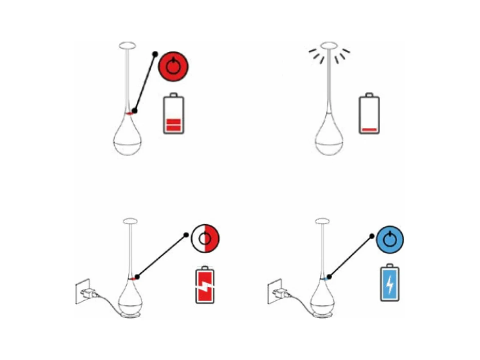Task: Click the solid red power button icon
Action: [x=173, y=66]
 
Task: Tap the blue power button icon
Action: [x=390, y=240]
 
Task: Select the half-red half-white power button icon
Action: [x=205, y=238]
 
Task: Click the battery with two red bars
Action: [x=173, y=114]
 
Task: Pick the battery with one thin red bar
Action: [x=369, y=114]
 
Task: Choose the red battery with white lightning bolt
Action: [x=205, y=285]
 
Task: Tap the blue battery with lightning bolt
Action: [x=390, y=283]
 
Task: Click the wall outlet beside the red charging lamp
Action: [x=82, y=291]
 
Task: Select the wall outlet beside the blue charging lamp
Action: [x=274, y=291]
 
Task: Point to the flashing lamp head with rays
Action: [x=329, y=46]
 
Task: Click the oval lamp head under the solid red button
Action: [x=127, y=46]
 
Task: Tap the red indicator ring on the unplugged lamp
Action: [x=129, y=114]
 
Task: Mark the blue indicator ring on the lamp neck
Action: [x=325, y=279]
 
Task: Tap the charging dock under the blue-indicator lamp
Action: [x=323, y=316]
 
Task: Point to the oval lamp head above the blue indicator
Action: [x=322, y=221]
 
